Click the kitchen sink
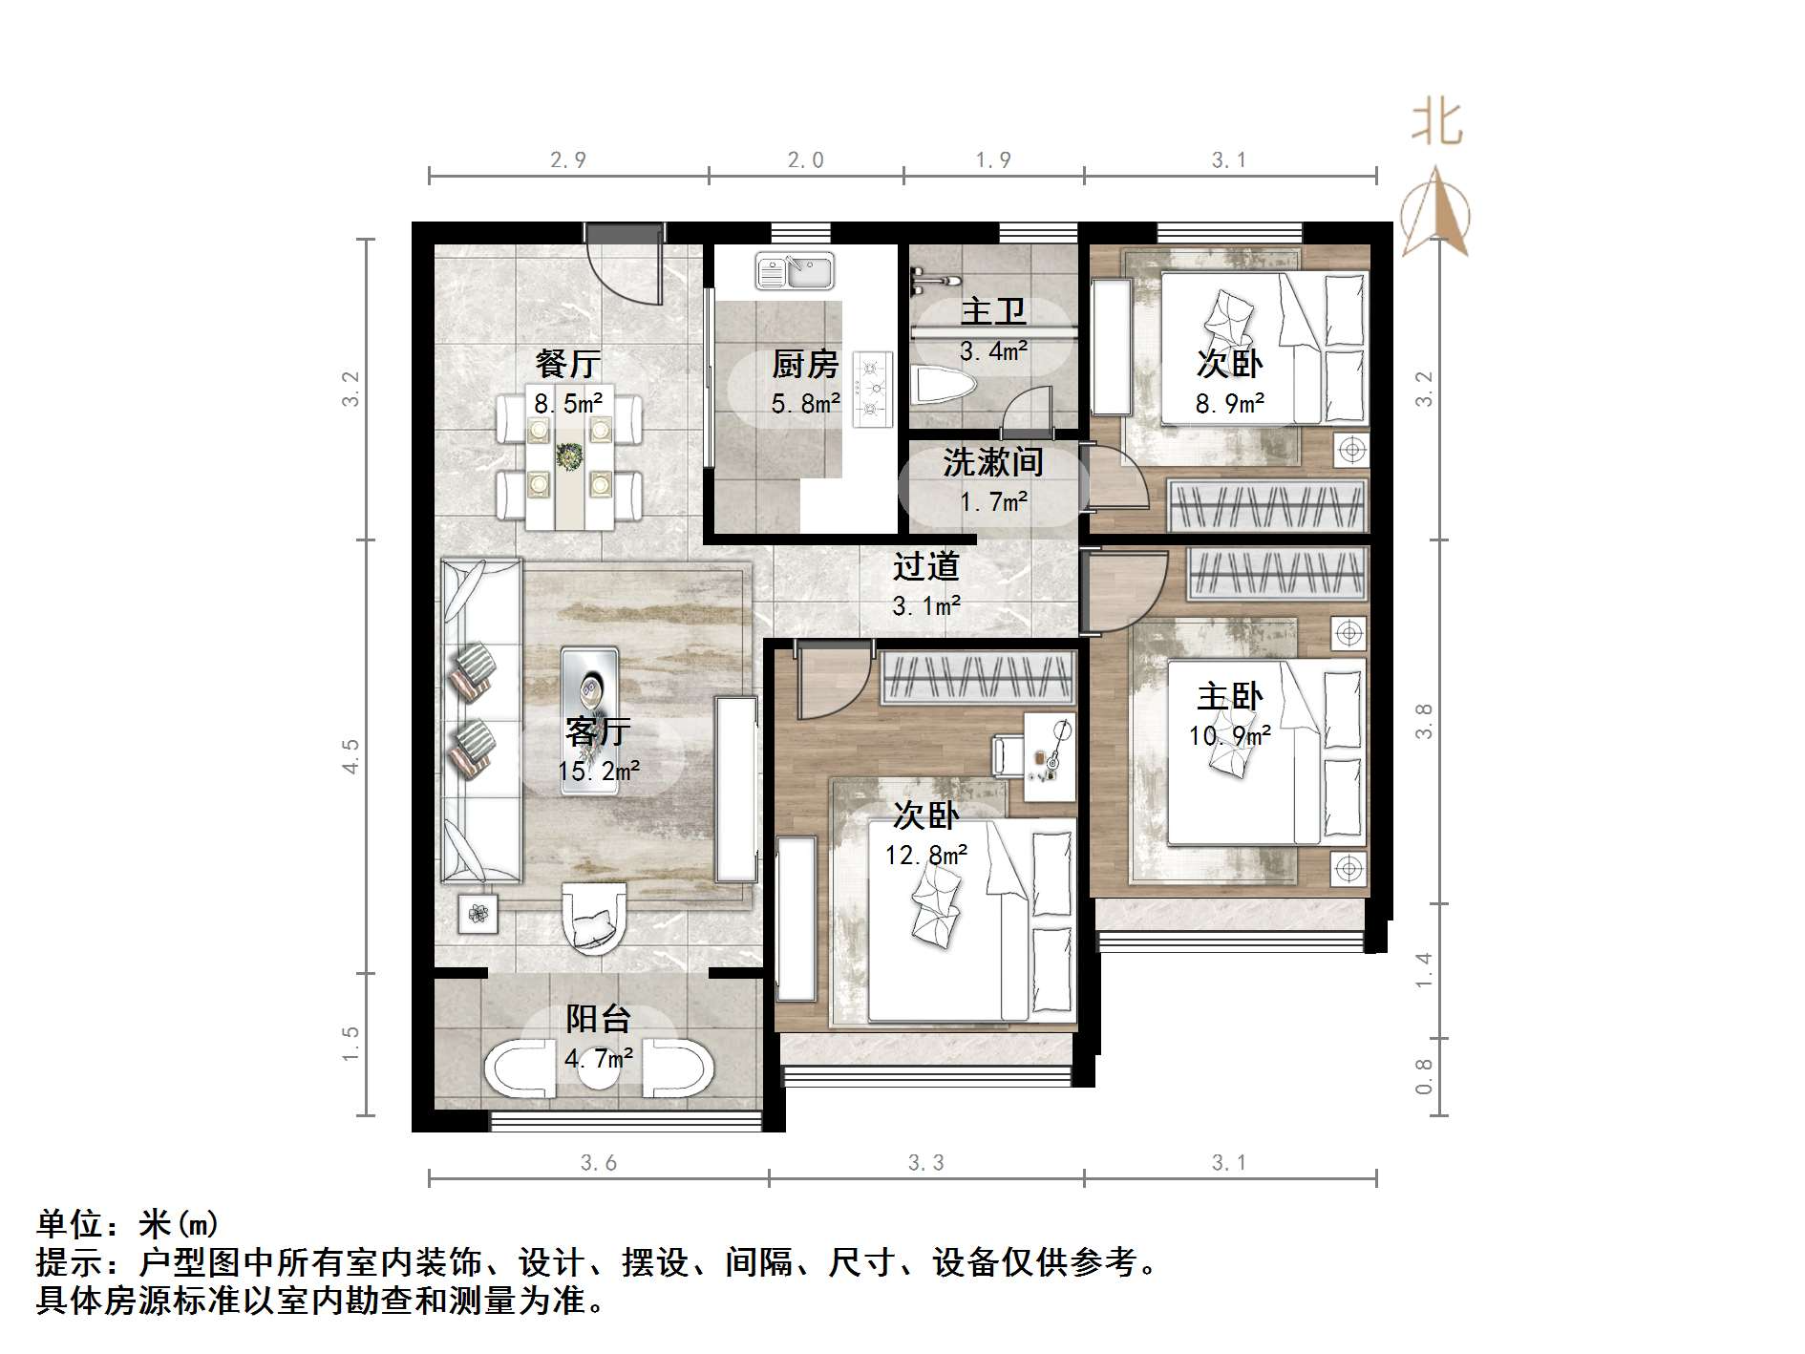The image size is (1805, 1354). coord(795,270)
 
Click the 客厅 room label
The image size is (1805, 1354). coord(598,730)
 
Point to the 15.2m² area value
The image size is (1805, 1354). coord(599,771)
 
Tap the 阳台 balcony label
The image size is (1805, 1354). coord(598,1019)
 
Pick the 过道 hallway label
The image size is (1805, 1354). coord(925,566)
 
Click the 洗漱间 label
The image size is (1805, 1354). coord(993,462)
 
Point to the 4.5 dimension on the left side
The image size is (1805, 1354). coord(350,756)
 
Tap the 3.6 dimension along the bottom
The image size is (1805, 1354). coord(599,1163)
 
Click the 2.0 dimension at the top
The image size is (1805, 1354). coord(805,160)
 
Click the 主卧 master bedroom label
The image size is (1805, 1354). coord(1230,696)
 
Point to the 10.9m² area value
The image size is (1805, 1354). coord(1230,736)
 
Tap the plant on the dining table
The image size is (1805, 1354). coord(569,457)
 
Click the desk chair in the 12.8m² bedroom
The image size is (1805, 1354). coord(1009,755)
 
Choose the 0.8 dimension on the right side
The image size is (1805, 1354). coord(1423,1076)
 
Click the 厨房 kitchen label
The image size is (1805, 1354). coord(805,364)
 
